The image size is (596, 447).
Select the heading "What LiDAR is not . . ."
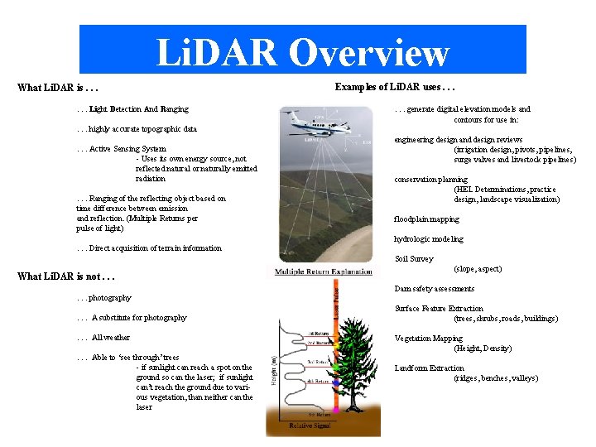(x=65, y=276)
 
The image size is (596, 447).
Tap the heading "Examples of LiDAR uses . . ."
(x=395, y=86)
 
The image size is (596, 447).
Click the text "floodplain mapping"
(x=426, y=219)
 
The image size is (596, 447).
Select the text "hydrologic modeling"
(x=428, y=239)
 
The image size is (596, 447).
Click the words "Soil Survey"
(x=413, y=259)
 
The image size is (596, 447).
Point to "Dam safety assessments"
(x=434, y=289)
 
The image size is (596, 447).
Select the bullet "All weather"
(x=110, y=338)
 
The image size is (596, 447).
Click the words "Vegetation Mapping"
(x=428, y=339)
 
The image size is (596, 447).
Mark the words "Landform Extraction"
(x=429, y=368)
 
